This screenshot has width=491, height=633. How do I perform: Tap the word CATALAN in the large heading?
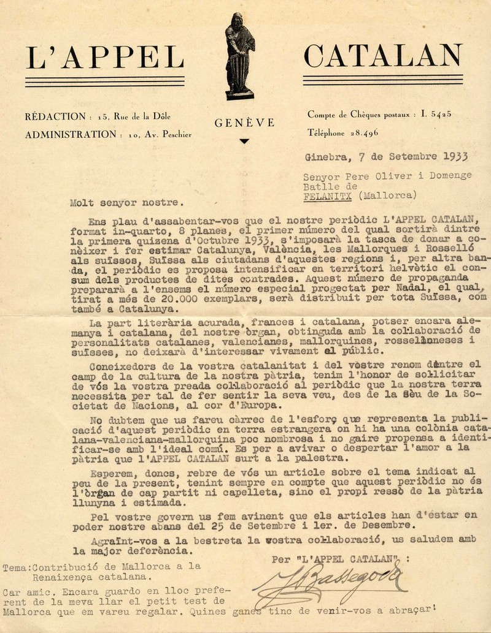pyautogui.click(x=383, y=56)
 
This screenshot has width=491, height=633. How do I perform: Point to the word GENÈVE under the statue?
pyautogui.click(x=245, y=123)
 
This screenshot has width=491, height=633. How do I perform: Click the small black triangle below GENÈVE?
pyautogui.click(x=245, y=142)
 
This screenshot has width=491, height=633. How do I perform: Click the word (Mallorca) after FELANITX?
pyautogui.click(x=389, y=195)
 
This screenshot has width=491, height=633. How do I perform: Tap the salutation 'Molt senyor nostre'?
pyautogui.click(x=126, y=200)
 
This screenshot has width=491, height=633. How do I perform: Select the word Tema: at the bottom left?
pyautogui.click(x=16, y=567)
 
